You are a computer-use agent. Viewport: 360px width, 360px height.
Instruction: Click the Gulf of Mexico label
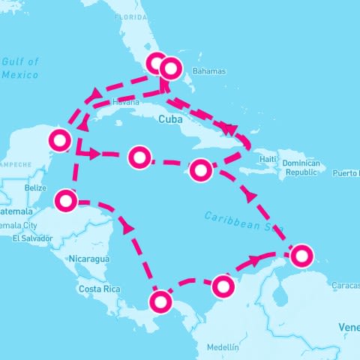[20, 68]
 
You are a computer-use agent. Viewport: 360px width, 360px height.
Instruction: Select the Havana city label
[124, 103]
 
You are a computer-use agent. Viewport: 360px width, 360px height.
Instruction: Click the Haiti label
[268, 159]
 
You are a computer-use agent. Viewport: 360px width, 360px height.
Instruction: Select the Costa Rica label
[100, 289]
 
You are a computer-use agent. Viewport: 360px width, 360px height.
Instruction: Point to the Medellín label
[223, 347]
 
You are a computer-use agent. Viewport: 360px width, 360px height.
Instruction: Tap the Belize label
[35, 187]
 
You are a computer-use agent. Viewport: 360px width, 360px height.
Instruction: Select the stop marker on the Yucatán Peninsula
[58, 139]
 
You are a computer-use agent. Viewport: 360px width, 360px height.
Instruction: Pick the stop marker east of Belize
[67, 201]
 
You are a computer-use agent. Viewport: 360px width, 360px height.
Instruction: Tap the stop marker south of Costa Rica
[160, 302]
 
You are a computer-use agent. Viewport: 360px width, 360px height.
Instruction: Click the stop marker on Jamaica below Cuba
[200, 170]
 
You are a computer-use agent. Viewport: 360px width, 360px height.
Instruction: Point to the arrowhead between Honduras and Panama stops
[128, 226]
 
